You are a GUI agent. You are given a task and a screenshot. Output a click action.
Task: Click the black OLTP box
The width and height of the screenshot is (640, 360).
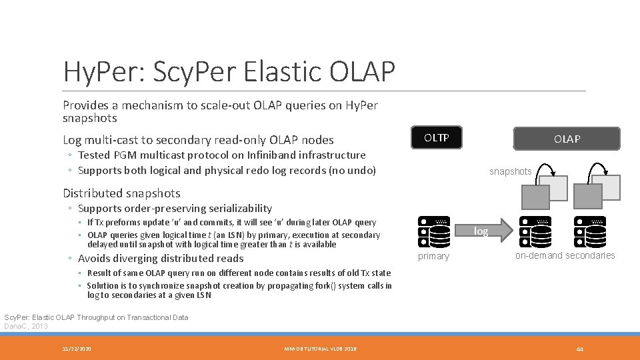coord(437,138)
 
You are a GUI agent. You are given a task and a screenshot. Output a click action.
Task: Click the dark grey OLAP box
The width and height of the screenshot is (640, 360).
coord(567,139)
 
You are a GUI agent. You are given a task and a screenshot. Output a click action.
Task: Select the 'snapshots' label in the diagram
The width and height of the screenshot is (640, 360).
coord(510,171)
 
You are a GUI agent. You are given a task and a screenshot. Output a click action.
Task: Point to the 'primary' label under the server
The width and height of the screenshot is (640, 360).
coord(433,256)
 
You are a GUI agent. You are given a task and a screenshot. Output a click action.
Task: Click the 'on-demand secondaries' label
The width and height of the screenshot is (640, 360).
coord(565,255)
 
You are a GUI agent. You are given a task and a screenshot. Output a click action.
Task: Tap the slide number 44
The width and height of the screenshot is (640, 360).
coord(579,349)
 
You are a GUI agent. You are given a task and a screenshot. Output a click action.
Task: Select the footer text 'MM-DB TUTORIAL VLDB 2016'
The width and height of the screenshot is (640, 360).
coord(320,349)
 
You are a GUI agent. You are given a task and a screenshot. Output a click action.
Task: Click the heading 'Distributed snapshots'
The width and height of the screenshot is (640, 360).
coord(121,193)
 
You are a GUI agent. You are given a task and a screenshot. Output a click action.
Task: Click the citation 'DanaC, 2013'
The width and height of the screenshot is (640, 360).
coord(26,326)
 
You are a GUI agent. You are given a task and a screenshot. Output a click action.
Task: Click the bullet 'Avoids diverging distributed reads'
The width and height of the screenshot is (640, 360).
coord(161,259)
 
